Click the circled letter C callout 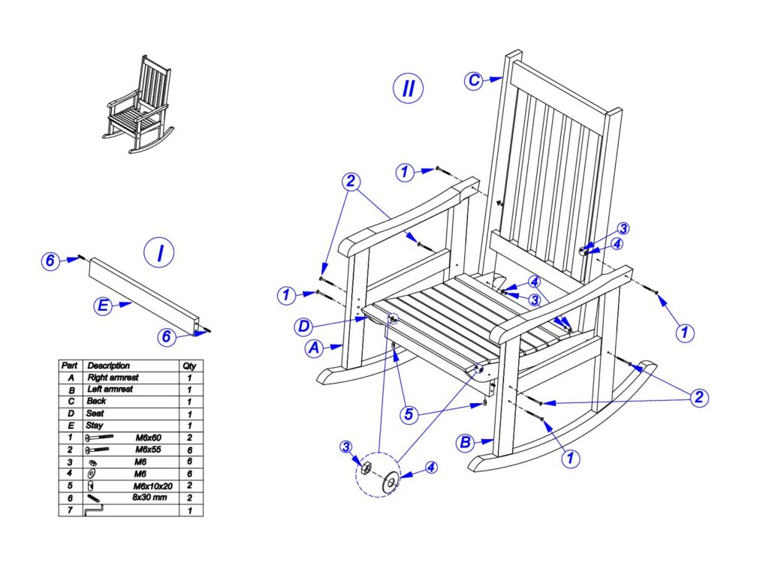473,80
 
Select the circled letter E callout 103,306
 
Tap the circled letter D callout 304,327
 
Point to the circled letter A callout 315,348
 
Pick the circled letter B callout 465,442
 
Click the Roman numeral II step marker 408,89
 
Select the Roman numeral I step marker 159,253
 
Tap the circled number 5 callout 409,414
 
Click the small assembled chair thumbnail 138,104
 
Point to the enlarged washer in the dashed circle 391,482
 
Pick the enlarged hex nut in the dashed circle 366,469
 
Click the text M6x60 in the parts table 148,438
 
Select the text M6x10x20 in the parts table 153,486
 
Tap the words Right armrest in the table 113,378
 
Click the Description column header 108,366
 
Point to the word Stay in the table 95,425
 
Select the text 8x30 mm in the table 149,497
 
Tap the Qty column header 189,366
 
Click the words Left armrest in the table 110,390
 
